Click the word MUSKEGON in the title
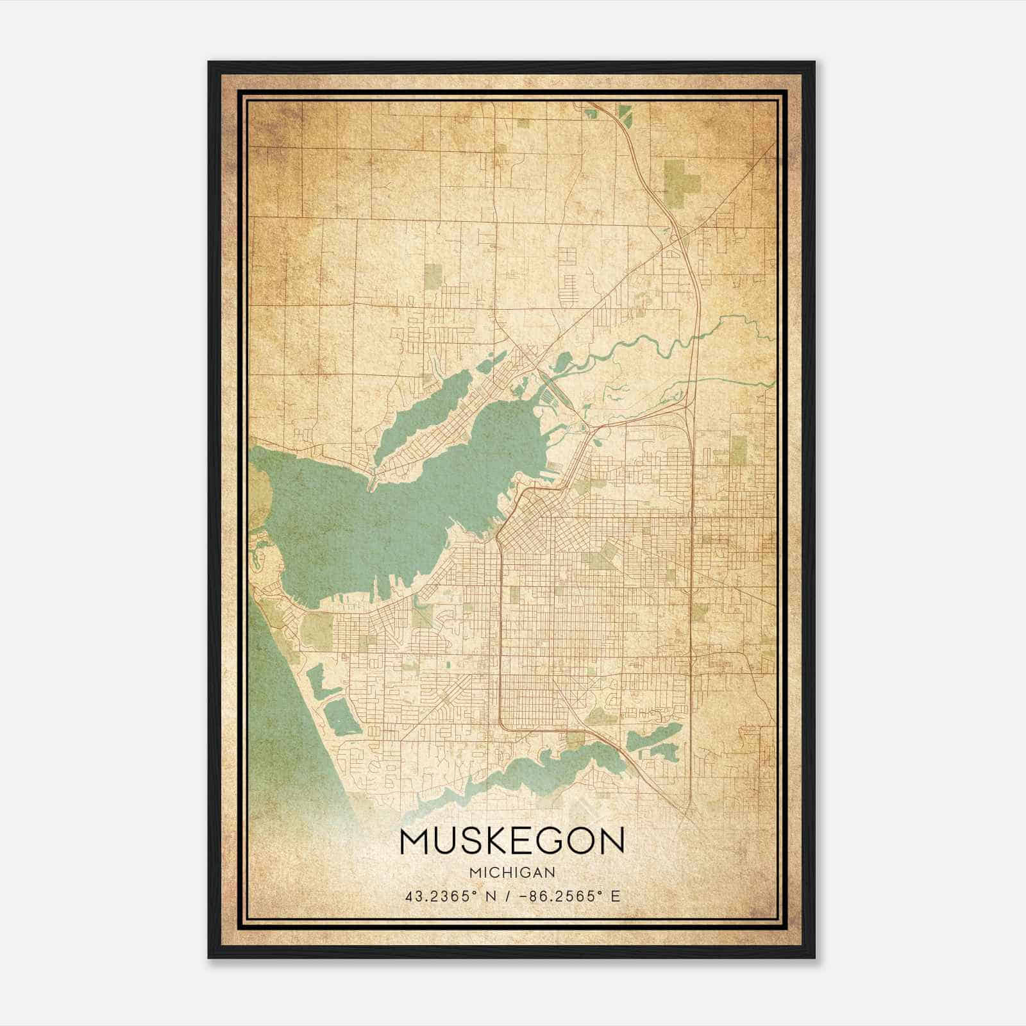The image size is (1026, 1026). click(512, 841)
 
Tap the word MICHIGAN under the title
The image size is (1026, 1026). click(512, 872)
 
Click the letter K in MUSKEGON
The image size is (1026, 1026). click(485, 841)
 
